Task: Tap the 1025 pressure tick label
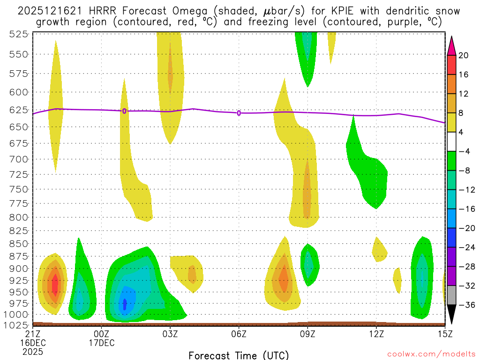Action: click(x=16, y=325)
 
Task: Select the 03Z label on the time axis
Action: click(x=170, y=334)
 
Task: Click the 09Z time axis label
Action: click(x=307, y=334)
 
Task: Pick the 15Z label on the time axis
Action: click(x=445, y=334)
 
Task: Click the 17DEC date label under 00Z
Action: click(x=102, y=343)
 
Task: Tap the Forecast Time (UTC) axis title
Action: click(x=239, y=355)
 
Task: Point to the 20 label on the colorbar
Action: click(x=464, y=55)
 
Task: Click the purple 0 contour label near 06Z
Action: click(x=239, y=113)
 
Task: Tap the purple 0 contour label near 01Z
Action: click(x=124, y=111)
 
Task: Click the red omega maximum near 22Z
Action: click(x=55, y=285)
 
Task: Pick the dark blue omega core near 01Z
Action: click(x=125, y=304)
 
